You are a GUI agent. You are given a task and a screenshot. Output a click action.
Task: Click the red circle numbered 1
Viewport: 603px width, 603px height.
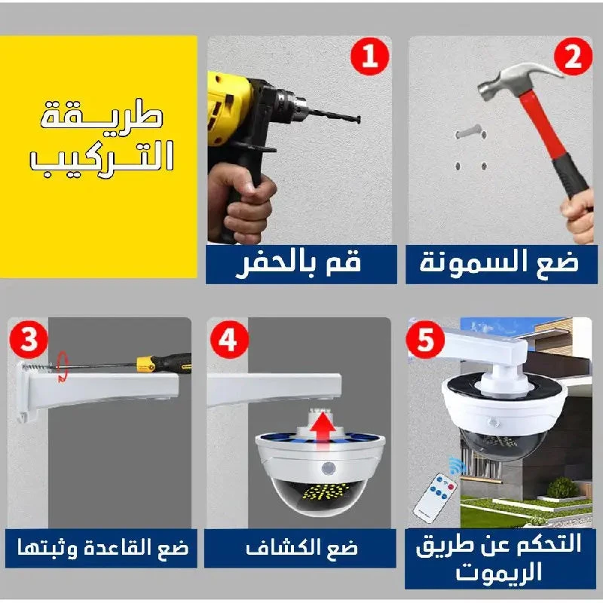click(x=370, y=56)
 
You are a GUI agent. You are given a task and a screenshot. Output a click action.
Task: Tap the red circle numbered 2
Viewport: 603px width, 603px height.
click(x=573, y=56)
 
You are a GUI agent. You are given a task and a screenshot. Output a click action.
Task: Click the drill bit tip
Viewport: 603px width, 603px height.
click(x=358, y=120)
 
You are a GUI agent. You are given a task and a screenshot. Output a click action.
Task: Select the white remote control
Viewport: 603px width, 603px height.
click(x=436, y=498)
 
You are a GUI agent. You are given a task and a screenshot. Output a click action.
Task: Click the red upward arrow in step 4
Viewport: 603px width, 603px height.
click(x=323, y=430)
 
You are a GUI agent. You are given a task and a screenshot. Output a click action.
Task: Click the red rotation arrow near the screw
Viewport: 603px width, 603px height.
click(x=63, y=368)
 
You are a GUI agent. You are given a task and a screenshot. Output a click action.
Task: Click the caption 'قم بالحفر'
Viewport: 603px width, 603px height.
click(x=298, y=263)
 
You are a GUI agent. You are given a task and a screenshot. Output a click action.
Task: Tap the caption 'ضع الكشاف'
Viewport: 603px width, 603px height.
click(x=301, y=547)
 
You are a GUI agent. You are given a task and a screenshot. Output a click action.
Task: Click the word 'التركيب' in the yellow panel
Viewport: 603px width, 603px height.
click(x=102, y=158)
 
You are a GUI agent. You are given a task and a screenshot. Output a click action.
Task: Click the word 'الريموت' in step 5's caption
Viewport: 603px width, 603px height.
click(x=499, y=571)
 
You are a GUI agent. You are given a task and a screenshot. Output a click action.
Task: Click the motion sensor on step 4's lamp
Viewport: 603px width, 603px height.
click(x=328, y=469)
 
